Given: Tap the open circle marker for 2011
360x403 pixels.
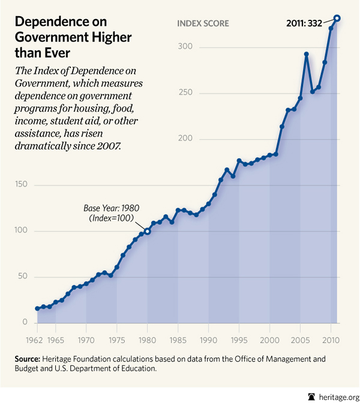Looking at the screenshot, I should pos(337,18).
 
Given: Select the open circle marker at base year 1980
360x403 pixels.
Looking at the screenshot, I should pos(147,231).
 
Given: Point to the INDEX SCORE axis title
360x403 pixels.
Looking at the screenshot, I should pos(203,23).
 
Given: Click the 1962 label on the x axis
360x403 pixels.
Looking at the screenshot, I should pos(38,331).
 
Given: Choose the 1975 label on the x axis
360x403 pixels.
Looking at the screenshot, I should pos(117,331).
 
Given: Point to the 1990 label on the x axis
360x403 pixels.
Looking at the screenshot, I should pos(209,331).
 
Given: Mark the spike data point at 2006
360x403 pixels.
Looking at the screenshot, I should pos(306,54).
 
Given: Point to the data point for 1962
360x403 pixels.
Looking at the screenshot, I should pos(37,308).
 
